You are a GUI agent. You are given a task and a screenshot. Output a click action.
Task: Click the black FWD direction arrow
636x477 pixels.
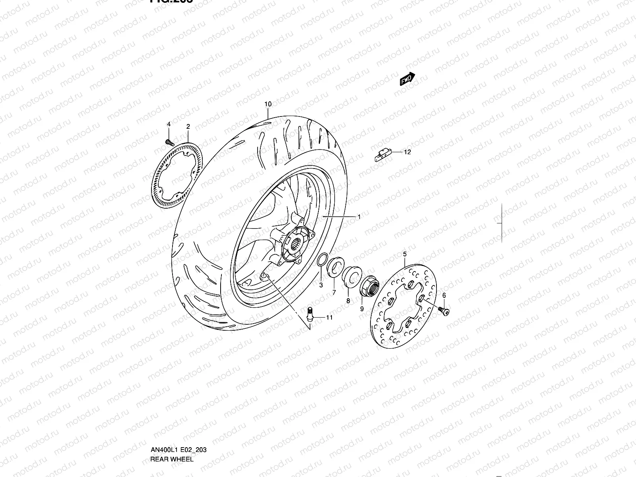pos(407,79)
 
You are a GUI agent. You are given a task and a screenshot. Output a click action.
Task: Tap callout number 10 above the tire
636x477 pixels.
pos(268,104)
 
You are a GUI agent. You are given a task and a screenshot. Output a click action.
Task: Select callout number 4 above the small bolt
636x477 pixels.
pos(169,124)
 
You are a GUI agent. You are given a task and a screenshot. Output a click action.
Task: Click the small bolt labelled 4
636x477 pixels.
pos(169,141)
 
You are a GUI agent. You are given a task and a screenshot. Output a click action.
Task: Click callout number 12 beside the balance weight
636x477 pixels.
pos(407,152)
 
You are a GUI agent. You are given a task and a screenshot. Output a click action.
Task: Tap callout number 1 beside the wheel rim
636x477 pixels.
pos(359,217)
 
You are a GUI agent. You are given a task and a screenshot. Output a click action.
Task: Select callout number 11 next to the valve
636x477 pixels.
pos(329,317)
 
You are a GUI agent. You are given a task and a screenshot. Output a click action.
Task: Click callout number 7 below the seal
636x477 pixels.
pos(334,292)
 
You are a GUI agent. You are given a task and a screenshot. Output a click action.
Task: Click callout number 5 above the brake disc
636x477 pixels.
pos(405,254)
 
